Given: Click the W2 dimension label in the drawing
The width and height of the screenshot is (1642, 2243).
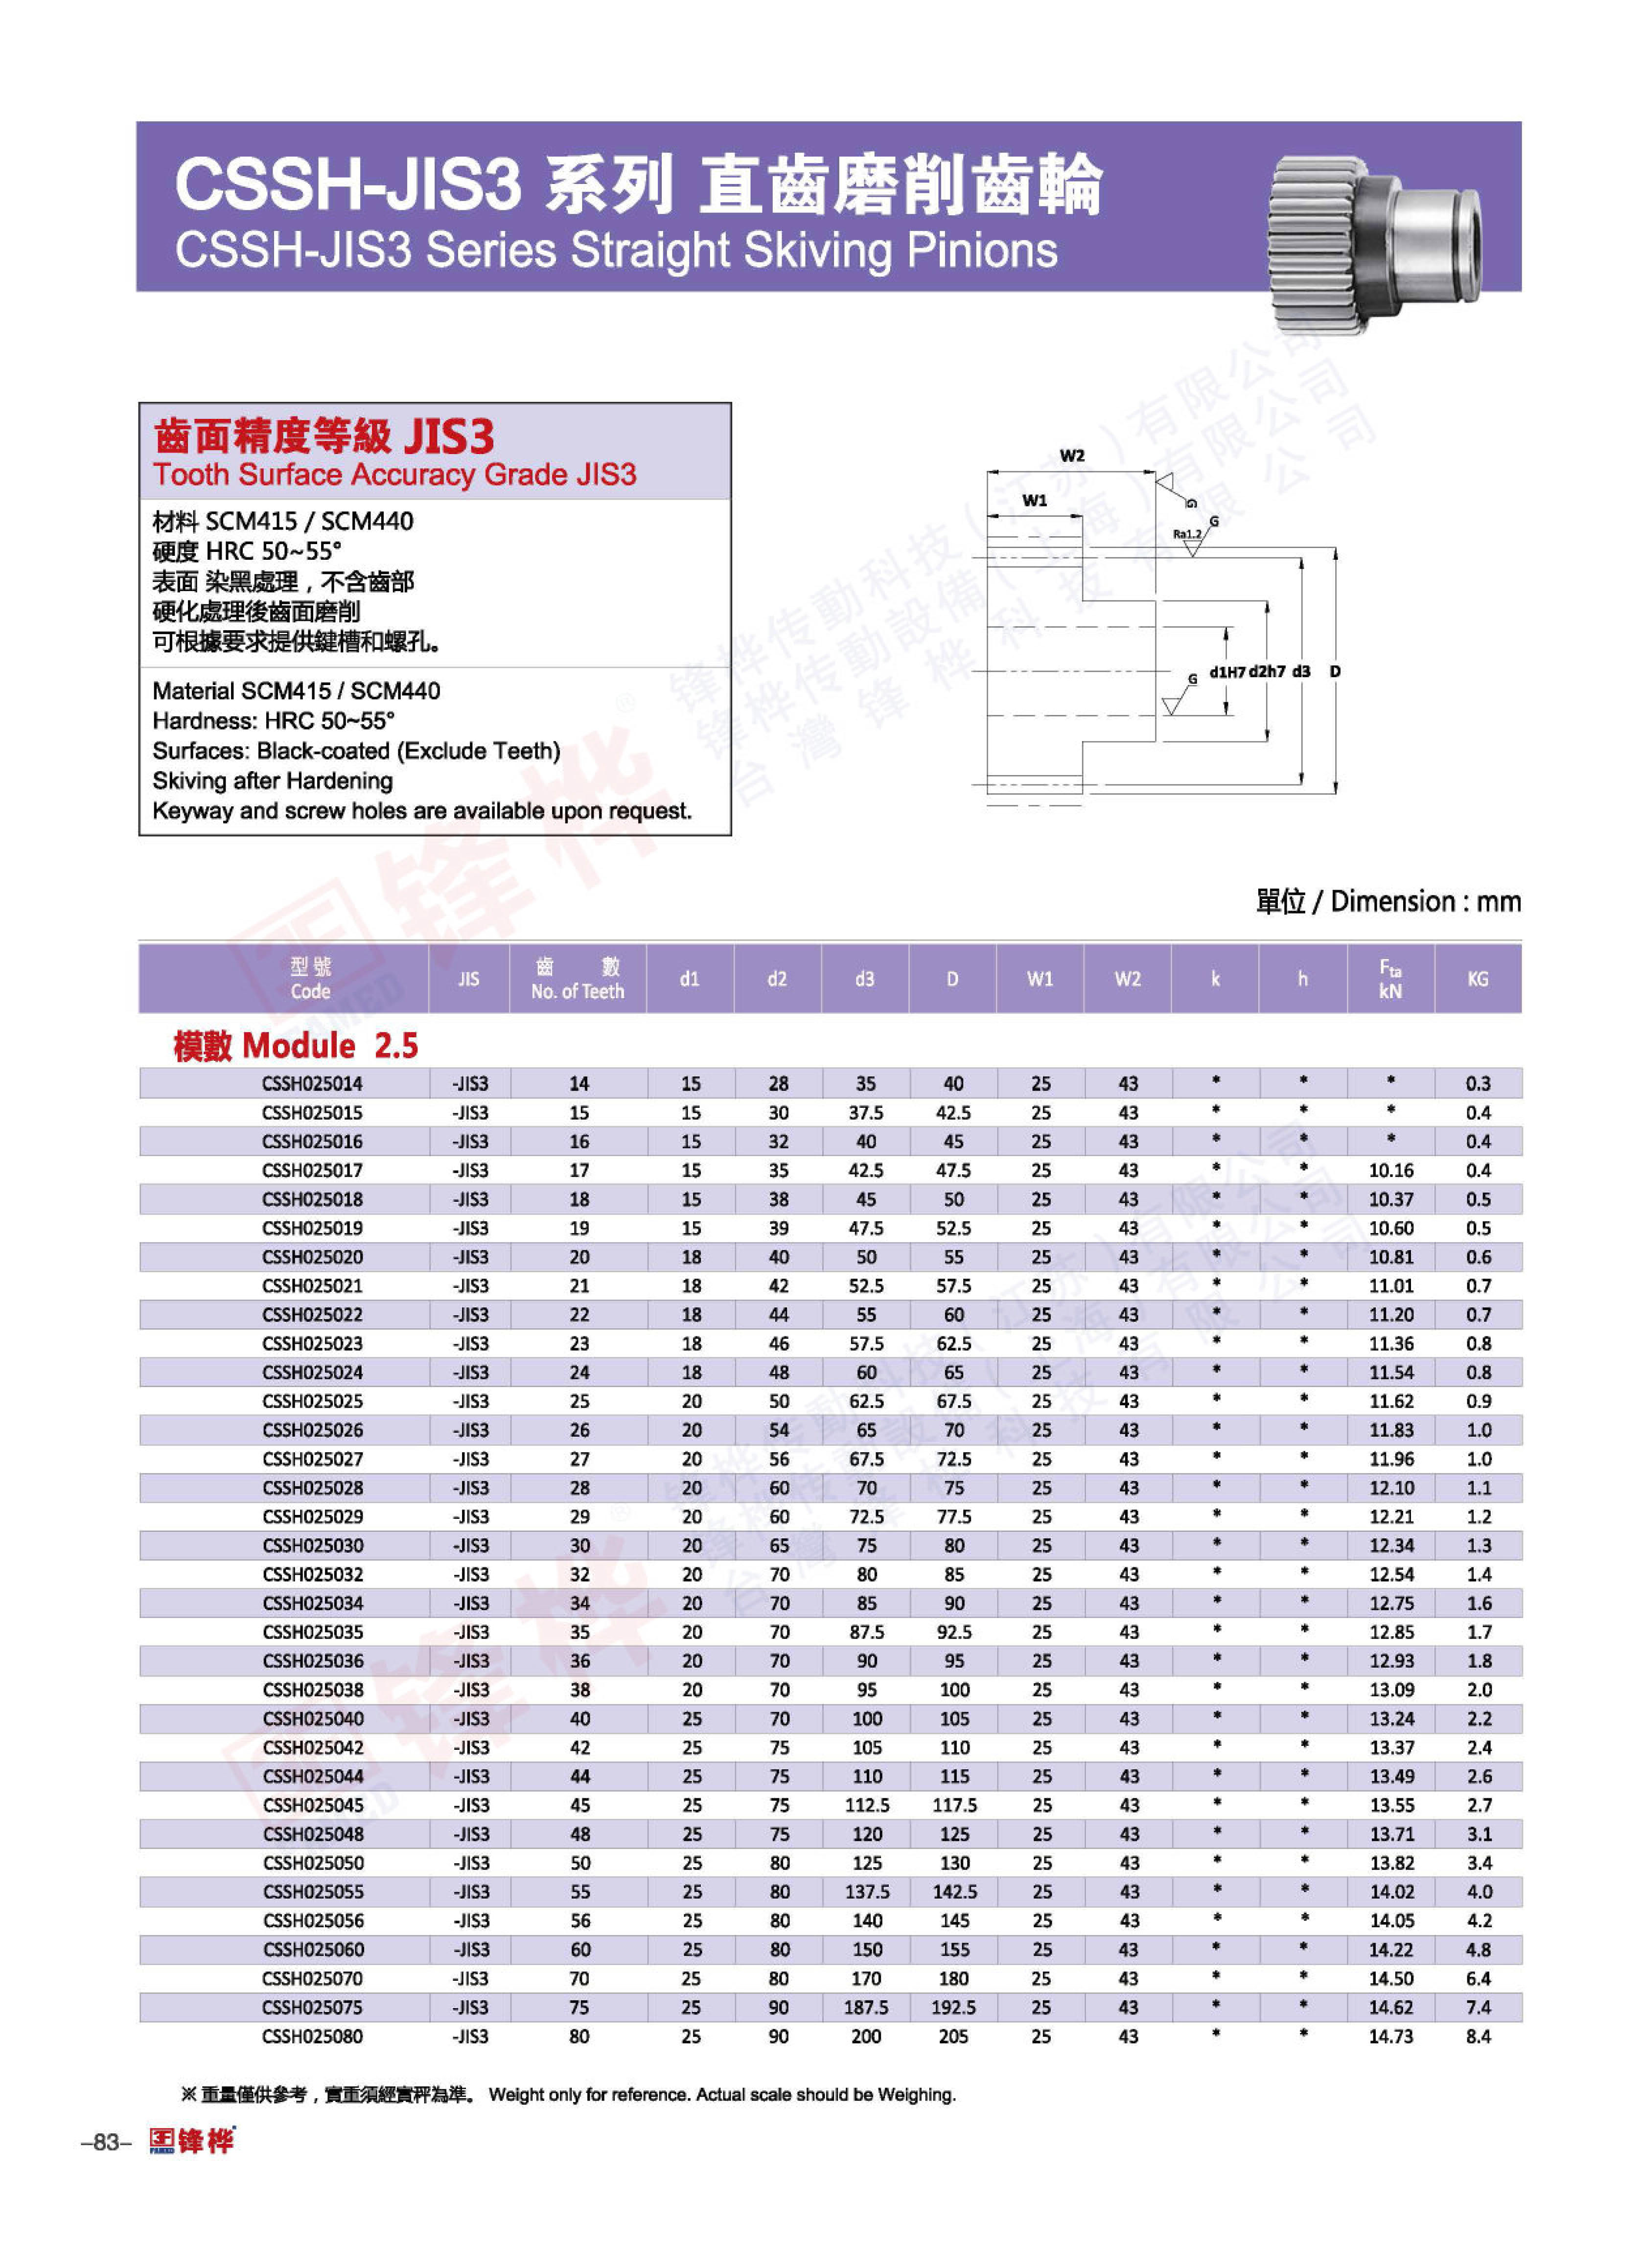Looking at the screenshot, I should [1071, 456].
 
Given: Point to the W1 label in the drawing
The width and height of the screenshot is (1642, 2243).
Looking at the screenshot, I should [1035, 501].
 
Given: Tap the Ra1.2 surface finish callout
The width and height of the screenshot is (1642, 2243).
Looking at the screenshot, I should [1187, 535].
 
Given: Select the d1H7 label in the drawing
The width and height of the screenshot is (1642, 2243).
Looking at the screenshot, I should [1226, 672].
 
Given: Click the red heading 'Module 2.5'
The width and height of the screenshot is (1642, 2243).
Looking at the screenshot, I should [295, 1046].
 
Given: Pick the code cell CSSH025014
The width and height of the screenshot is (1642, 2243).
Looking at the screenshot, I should [312, 1083].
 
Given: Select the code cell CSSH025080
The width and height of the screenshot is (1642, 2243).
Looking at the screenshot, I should [312, 2037].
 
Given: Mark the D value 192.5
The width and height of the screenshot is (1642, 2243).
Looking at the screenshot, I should [953, 2008].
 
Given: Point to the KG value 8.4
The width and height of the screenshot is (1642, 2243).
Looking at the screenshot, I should [1478, 2037].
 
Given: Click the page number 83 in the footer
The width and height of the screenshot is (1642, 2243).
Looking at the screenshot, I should [106, 2143].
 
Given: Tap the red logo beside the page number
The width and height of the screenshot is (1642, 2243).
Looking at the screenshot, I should [192, 2141].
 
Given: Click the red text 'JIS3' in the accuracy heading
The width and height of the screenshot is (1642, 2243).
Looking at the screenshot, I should [449, 436].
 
